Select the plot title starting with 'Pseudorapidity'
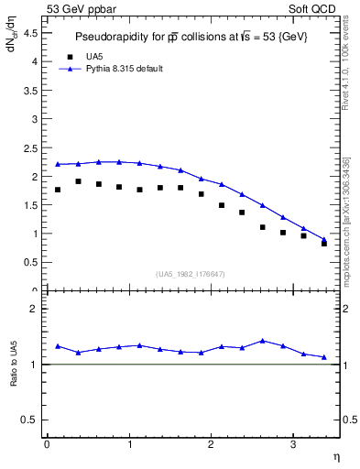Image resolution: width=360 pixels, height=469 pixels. point(191,38)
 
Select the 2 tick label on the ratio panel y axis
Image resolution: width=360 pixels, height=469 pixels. point(35,310)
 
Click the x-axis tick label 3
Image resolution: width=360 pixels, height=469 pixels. point(292,443)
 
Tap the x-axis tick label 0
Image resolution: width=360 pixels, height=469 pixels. point(47,443)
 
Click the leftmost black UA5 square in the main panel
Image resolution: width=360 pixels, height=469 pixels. point(58,190)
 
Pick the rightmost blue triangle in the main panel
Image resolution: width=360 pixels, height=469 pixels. point(324,240)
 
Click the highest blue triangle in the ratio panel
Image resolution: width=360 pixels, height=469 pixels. point(263,340)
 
